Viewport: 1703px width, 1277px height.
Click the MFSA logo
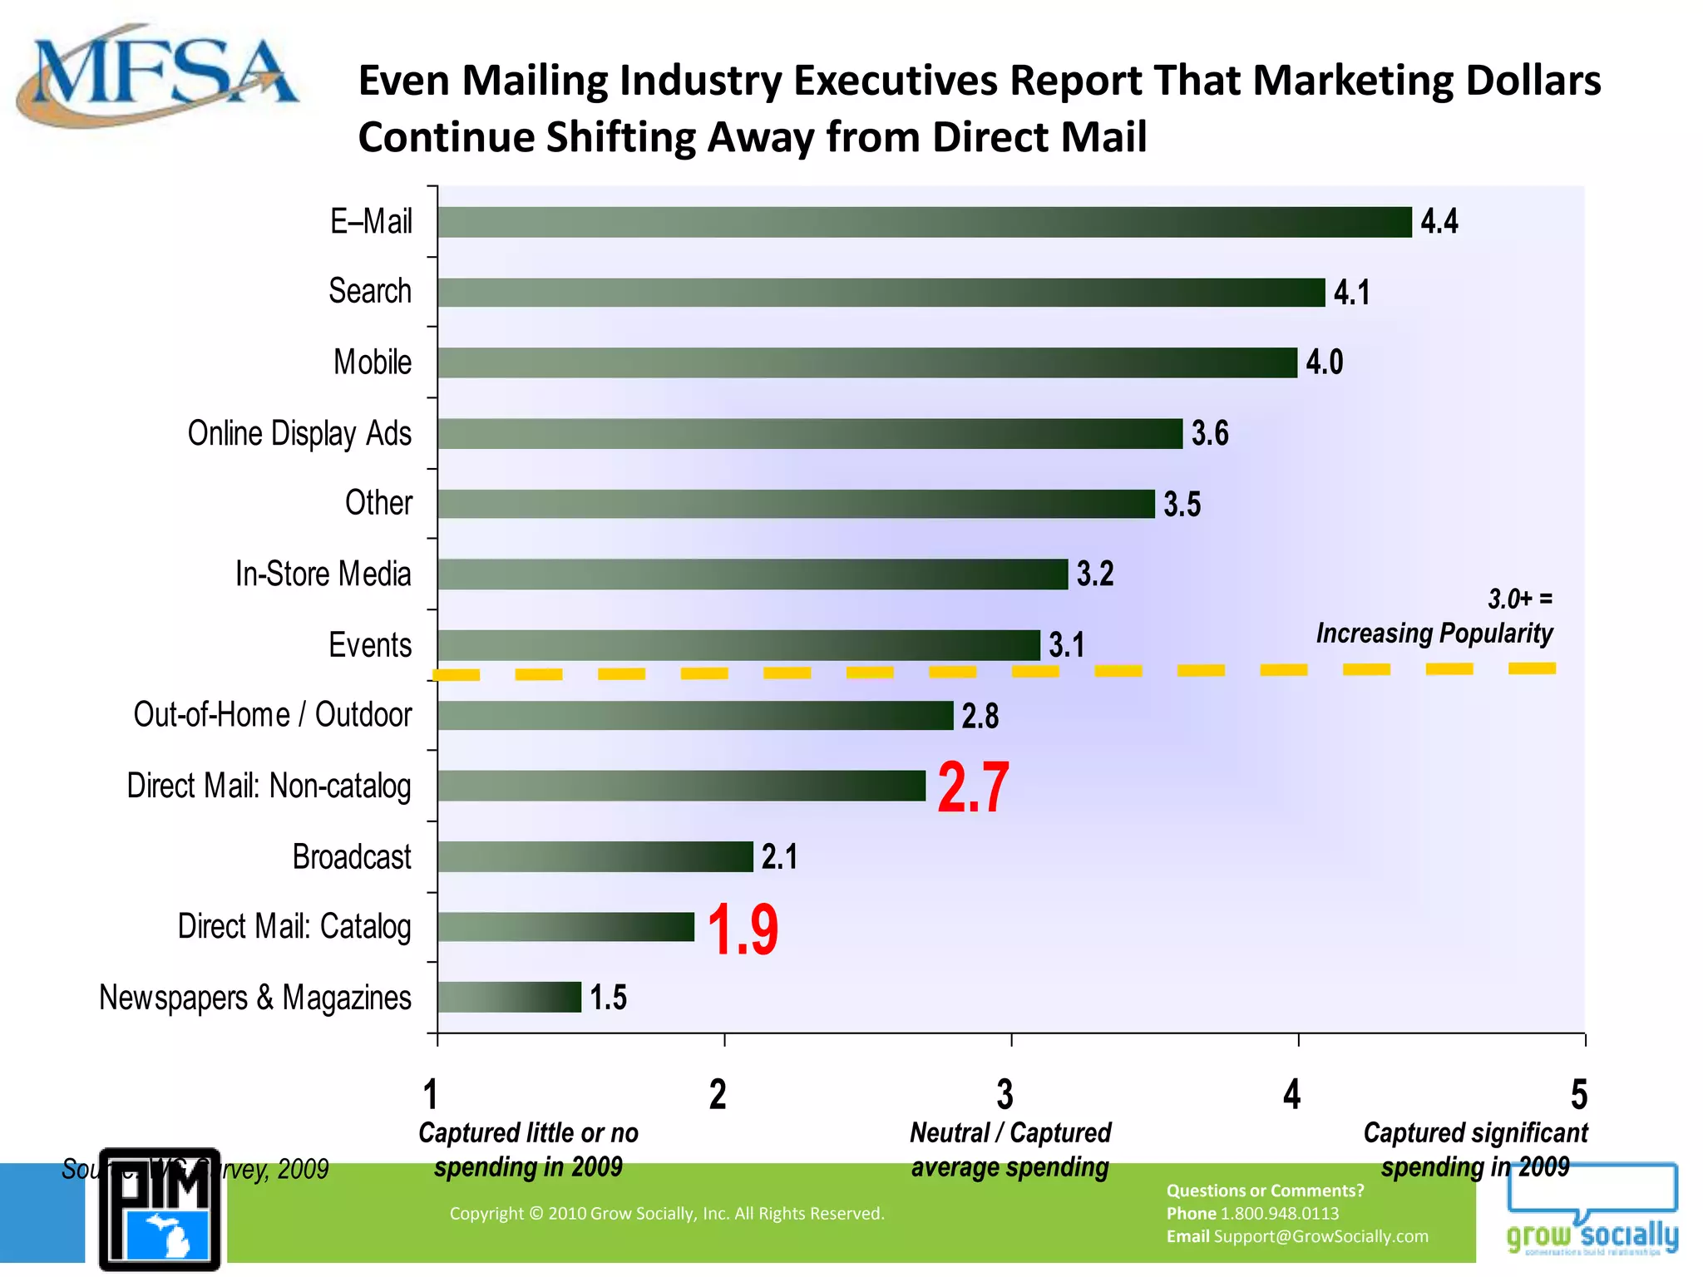(158, 76)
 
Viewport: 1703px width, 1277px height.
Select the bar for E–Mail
(923, 222)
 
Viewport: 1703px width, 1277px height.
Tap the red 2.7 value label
(973, 786)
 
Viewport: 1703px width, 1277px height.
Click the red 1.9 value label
(743, 929)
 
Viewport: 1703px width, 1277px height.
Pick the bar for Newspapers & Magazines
(509, 997)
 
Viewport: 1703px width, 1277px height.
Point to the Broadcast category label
(352, 857)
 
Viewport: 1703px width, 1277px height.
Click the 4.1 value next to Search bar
(1351, 293)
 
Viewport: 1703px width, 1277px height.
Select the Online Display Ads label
(299, 433)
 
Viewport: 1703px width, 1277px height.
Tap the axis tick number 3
(1005, 1095)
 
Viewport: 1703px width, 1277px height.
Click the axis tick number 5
(1578, 1095)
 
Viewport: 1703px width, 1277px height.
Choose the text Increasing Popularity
(1434, 634)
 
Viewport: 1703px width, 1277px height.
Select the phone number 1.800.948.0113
(1279, 1213)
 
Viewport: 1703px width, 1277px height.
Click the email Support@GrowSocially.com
(1320, 1236)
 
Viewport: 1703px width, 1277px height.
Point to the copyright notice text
(667, 1213)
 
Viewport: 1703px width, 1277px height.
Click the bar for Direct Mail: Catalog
(565, 927)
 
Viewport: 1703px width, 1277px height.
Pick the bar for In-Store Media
(753, 574)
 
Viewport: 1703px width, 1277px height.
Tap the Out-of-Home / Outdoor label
(273, 715)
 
